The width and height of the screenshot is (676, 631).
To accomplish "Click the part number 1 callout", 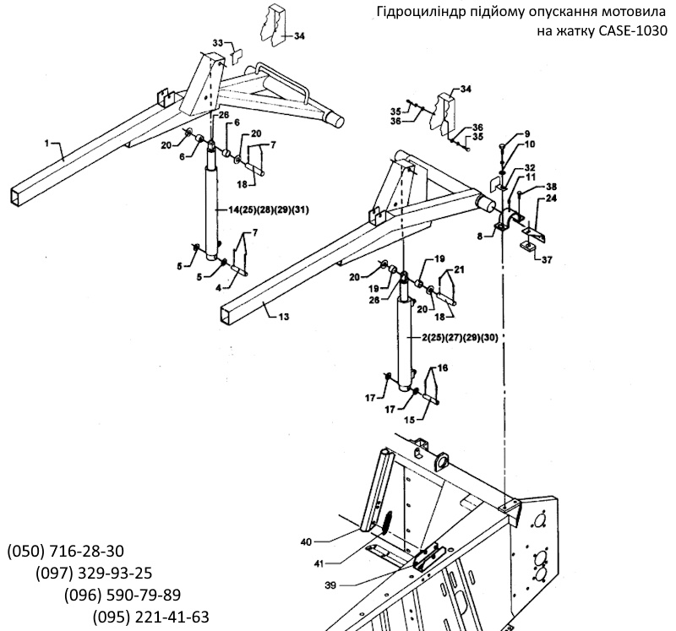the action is tap(47, 144).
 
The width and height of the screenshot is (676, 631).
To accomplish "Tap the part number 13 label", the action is tap(284, 318).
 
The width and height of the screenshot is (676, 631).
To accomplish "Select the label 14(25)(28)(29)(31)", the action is tap(269, 209).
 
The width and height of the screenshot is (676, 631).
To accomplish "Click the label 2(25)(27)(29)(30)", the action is tap(460, 338).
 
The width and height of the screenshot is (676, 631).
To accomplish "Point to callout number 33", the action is tap(218, 43).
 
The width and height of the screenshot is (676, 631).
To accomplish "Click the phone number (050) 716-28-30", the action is tap(66, 551).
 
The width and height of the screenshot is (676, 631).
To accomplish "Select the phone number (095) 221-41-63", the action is tap(151, 617).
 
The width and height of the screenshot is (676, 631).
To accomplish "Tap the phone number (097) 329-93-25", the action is tap(94, 573).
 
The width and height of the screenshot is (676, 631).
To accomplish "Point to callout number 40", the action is tap(306, 541).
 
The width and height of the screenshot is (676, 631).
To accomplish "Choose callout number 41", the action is tap(319, 563).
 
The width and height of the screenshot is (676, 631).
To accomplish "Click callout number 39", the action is tap(330, 585).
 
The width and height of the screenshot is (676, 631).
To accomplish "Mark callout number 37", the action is tap(547, 260).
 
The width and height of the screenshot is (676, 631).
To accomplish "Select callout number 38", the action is tap(551, 187).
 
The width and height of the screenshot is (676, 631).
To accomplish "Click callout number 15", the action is tap(410, 419).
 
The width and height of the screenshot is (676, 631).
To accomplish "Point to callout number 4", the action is tap(219, 288).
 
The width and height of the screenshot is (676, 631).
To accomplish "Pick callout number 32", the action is tap(530, 167).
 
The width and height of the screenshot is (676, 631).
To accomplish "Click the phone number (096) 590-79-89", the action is tap(123, 595).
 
